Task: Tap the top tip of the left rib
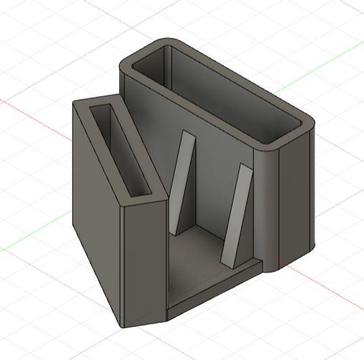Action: click(x=187, y=133)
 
